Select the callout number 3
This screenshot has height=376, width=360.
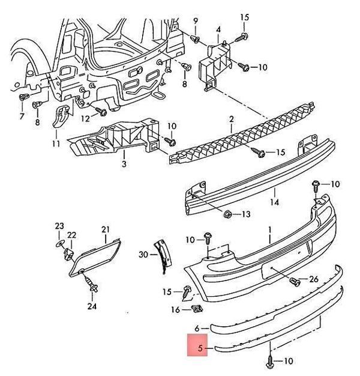coord(124,163)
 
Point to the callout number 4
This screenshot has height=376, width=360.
coord(218,29)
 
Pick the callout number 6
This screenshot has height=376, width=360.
coord(196,328)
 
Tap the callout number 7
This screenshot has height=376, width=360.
coord(22,116)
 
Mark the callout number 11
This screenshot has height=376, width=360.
coord(195,22)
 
